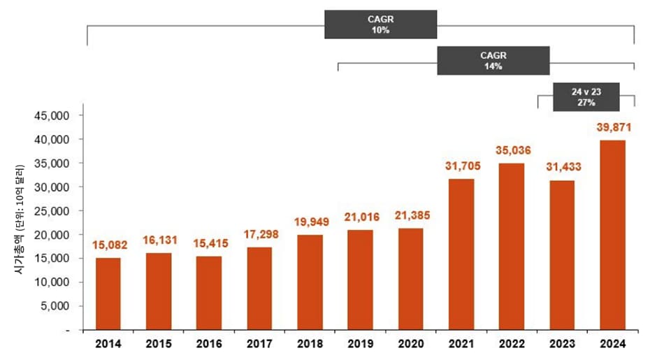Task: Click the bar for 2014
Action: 108,294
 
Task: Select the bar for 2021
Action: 461,254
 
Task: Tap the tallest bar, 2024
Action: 612,235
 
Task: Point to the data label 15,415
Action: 209,243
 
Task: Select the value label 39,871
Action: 612,127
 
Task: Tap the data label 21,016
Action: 360,217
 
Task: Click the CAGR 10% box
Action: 380,24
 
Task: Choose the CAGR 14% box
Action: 493,61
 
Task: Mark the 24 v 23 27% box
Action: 586,97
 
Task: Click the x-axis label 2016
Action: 209,345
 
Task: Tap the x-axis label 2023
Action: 562,345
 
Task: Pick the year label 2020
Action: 410,345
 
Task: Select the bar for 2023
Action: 562,254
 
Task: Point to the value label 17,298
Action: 259,234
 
